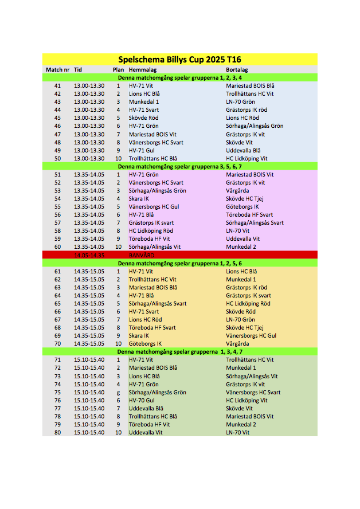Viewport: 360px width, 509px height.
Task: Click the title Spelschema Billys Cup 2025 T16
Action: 179,59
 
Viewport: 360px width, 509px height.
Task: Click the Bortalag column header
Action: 237,69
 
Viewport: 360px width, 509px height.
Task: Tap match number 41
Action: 57,85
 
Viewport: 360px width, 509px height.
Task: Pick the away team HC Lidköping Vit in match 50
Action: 246,158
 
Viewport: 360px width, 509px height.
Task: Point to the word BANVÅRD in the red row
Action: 142,255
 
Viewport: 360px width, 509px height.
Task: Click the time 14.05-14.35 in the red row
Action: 89,255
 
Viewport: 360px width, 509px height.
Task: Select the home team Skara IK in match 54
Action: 139,198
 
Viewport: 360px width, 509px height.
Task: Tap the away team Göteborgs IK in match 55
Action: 242,206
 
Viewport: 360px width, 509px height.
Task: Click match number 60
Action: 57,246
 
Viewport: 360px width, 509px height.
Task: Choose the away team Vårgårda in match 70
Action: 237,344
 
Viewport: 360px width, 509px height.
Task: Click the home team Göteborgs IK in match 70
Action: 145,344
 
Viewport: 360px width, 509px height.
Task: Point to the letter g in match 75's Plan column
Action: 118,392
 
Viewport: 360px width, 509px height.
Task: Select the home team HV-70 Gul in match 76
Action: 142,400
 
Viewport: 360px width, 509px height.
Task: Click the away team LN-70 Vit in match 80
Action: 238,433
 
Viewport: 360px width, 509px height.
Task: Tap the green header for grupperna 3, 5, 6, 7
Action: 179,166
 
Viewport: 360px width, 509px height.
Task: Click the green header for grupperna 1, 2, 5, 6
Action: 179,263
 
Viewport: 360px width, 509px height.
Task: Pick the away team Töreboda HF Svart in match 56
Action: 249,214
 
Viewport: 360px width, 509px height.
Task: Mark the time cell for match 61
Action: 89,271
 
